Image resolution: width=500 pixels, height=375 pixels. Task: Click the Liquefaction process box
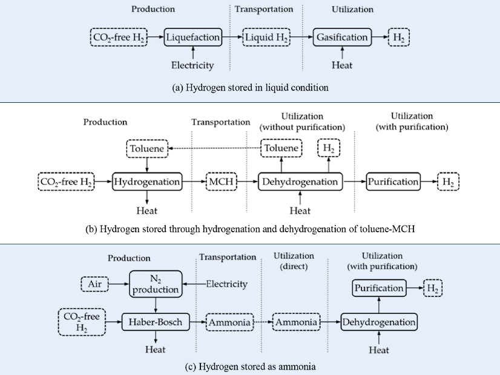tap(192, 37)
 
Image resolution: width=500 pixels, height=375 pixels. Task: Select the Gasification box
tap(342, 37)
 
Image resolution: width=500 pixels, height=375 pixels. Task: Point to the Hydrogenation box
tap(147, 181)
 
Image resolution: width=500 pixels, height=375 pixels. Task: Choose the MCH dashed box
tap(223, 181)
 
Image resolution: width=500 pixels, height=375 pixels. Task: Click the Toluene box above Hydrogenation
tap(146, 148)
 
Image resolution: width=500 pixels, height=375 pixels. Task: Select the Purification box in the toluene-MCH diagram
tap(393, 181)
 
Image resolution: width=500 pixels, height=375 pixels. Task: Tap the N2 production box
tap(156, 283)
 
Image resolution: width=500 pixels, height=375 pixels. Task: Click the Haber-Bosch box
tap(155, 322)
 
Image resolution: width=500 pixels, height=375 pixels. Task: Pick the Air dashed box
tap(96, 283)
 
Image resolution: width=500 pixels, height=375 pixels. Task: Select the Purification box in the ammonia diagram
tap(379, 288)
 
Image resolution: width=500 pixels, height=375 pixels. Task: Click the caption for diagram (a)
tap(250, 88)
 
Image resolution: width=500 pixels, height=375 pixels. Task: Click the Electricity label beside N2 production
tap(226, 283)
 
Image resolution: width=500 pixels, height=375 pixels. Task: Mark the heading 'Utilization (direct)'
tap(294, 261)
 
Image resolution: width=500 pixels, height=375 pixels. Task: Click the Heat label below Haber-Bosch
tap(155, 350)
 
